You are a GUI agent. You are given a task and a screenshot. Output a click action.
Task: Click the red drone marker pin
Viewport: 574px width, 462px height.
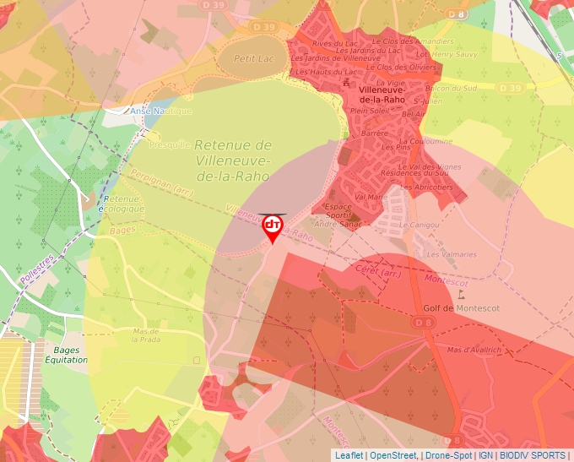tap(273, 227)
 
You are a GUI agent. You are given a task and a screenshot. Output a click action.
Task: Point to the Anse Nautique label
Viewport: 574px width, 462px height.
tap(160, 111)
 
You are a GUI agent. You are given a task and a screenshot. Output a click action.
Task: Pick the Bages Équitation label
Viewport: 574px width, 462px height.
tap(66, 355)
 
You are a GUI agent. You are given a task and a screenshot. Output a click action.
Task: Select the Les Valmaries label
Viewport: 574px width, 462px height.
tap(451, 254)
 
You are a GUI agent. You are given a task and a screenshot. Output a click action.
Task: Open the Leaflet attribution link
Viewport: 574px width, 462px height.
tap(349, 455)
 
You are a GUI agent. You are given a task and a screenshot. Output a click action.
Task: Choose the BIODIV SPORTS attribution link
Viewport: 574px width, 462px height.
tap(531, 455)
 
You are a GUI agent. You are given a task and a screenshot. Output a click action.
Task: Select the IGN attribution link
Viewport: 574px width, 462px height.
tap(485, 455)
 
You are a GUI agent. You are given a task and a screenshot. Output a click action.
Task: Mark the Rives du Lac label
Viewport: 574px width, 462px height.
tap(332, 43)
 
